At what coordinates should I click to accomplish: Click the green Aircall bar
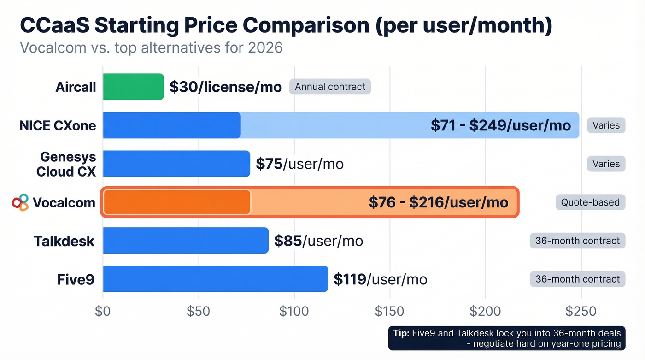[x=133, y=87]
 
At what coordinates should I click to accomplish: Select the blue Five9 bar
[x=215, y=279]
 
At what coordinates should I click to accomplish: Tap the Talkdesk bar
[x=186, y=240]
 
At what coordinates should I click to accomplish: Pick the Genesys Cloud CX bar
[x=176, y=164]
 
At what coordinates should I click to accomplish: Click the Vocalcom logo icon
[x=20, y=202]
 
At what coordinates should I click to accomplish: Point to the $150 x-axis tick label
[x=389, y=311]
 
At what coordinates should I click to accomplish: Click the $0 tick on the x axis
[x=103, y=311]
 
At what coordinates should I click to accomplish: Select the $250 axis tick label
[x=580, y=311]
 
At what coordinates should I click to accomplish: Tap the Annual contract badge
[x=330, y=87]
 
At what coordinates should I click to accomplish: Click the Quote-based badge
[x=590, y=202]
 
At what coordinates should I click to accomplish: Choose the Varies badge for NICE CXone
[x=606, y=125]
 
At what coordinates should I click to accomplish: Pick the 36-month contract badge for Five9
[x=577, y=279]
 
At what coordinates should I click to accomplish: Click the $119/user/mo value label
[x=380, y=279]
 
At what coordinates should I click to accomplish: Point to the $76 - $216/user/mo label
[x=438, y=202]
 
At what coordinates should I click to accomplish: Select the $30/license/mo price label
[x=225, y=87]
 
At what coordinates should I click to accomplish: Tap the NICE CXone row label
[x=58, y=125]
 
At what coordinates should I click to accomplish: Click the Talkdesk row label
[x=64, y=241]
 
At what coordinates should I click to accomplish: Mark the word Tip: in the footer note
[x=401, y=333]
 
